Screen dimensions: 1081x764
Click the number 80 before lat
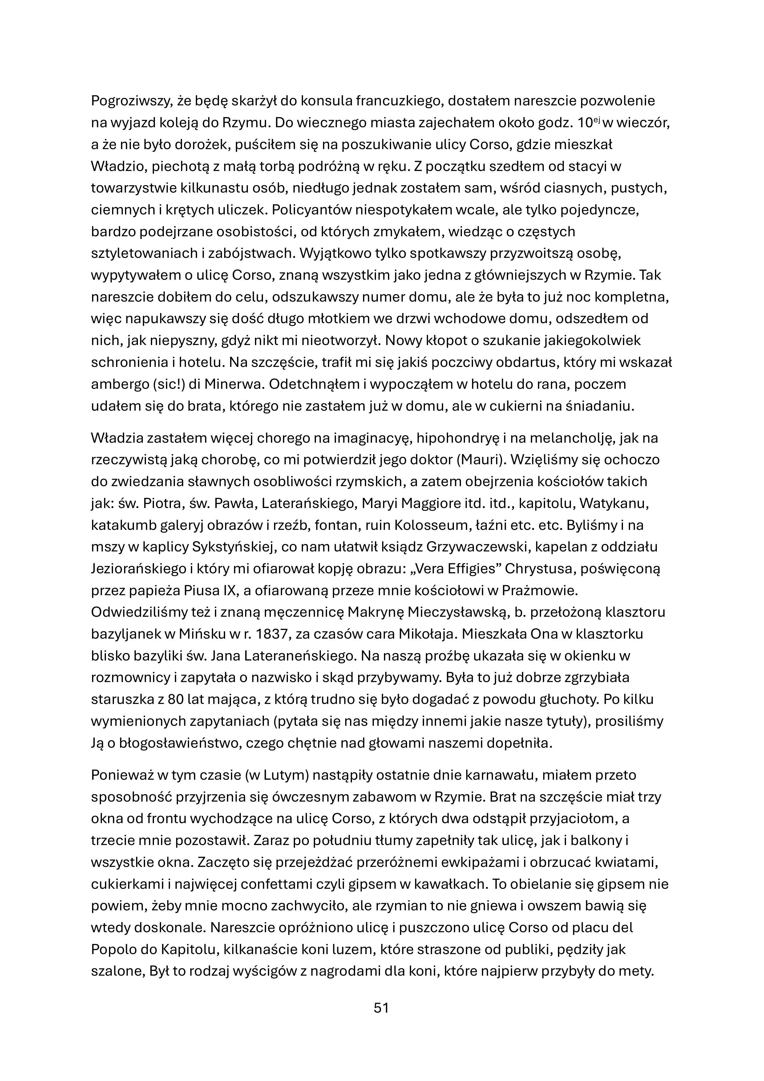[x=175, y=700]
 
